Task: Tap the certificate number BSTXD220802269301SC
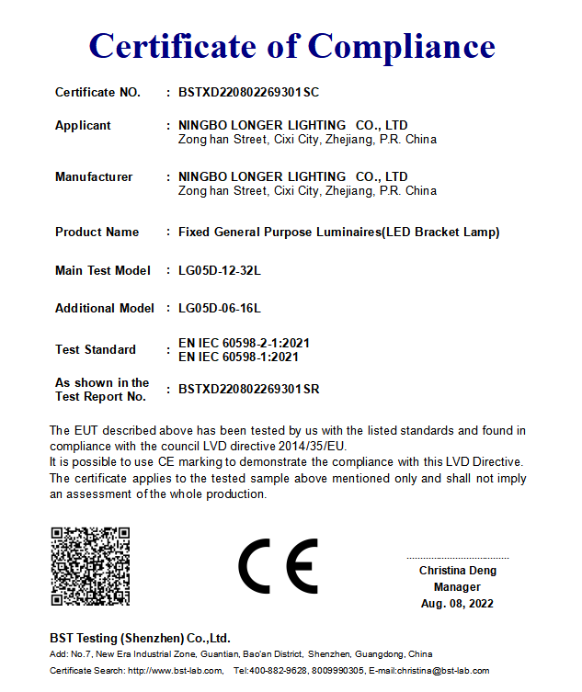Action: [x=248, y=92]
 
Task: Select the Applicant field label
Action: [x=83, y=125]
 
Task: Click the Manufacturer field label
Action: [x=94, y=176]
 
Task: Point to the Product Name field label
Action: [x=97, y=232]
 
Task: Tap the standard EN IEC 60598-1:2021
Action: [x=237, y=357]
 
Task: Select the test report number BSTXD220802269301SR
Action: [x=248, y=389]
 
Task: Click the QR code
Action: [x=90, y=566]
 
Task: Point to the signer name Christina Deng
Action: [x=457, y=571]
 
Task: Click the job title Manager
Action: [x=457, y=587]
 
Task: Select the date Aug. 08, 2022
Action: [x=457, y=604]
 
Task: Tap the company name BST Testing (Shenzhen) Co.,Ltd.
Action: [x=140, y=638]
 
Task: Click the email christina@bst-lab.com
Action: [x=442, y=671]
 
